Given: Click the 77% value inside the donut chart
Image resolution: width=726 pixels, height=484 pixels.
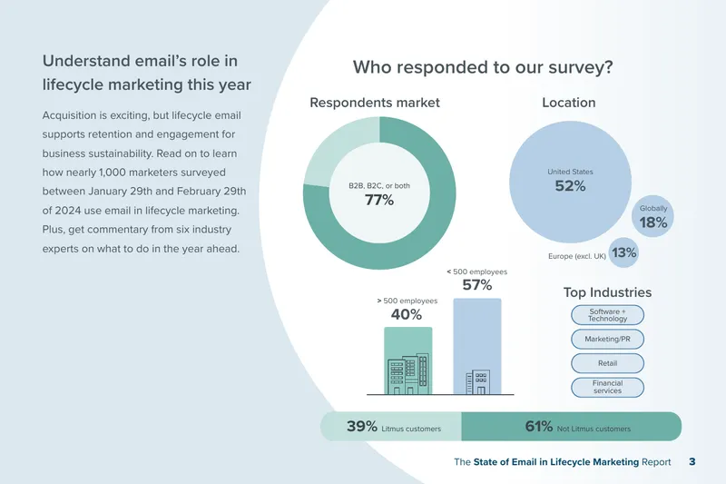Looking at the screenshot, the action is coord(379,200).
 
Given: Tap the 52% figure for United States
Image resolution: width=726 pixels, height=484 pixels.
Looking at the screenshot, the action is coord(570,186).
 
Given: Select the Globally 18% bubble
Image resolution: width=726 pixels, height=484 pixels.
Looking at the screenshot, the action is coord(652,216).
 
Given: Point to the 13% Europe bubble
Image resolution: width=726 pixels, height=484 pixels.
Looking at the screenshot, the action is coord(623,252).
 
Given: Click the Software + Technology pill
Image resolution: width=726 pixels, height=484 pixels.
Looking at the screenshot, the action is coord(607,315).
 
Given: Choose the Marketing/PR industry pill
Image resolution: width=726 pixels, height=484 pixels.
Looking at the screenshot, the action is coord(607,339).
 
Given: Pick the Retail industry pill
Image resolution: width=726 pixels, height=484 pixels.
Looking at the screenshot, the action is coord(607,363).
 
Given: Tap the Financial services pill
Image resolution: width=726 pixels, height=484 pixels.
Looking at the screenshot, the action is coord(607,387).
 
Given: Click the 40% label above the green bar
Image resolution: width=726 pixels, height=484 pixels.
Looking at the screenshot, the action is coord(406,314).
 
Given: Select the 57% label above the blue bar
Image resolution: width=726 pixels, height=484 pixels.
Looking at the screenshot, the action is coord(477,285).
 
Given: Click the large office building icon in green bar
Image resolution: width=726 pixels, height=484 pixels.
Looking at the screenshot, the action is coord(407,374).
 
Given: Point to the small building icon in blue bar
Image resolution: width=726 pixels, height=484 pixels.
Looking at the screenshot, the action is coord(477,382).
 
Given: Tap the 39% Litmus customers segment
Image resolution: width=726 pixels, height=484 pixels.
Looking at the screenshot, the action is coord(391,426).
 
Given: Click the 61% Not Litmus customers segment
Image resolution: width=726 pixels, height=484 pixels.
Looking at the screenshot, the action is coord(572,426).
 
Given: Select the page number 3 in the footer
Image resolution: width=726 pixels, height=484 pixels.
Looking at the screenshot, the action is coord(692,462).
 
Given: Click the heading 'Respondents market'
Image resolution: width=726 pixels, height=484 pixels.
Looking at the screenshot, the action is coord(375,103).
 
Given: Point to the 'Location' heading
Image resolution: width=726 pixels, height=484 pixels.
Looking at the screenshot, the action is coord(569,103).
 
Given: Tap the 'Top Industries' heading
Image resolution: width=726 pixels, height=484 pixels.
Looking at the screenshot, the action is coord(607,292).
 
